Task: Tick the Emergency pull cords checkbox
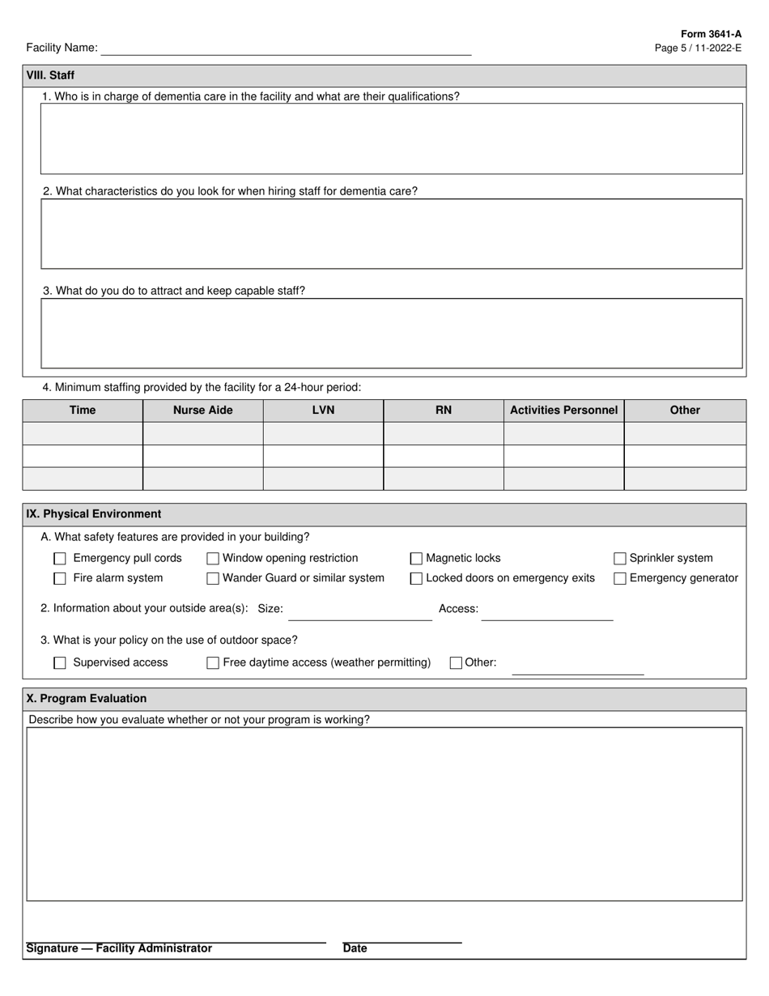pyautogui.click(x=60, y=559)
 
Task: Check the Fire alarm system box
pyautogui.click(x=60, y=579)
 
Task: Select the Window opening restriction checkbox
pyautogui.click(x=213, y=559)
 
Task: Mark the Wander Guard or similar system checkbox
pyautogui.click(x=213, y=579)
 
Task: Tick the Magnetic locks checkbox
pyautogui.click(x=416, y=559)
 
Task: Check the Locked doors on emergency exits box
pyautogui.click(x=416, y=579)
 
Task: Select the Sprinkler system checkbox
pyautogui.click(x=620, y=559)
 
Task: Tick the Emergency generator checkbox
pyautogui.click(x=620, y=579)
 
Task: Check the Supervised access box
pyautogui.click(x=60, y=663)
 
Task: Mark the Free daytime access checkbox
pyautogui.click(x=213, y=663)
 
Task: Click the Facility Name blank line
pyautogui.click(x=286, y=49)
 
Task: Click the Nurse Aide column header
pyautogui.click(x=202, y=411)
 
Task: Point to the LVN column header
pyautogui.click(x=323, y=411)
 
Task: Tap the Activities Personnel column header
pyautogui.click(x=563, y=411)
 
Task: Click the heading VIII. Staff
pyautogui.click(x=50, y=75)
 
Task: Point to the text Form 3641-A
pyautogui.click(x=711, y=34)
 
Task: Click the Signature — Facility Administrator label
pyautogui.click(x=119, y=948)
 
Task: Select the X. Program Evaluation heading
pyautogui.click(x=87, y=699)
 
